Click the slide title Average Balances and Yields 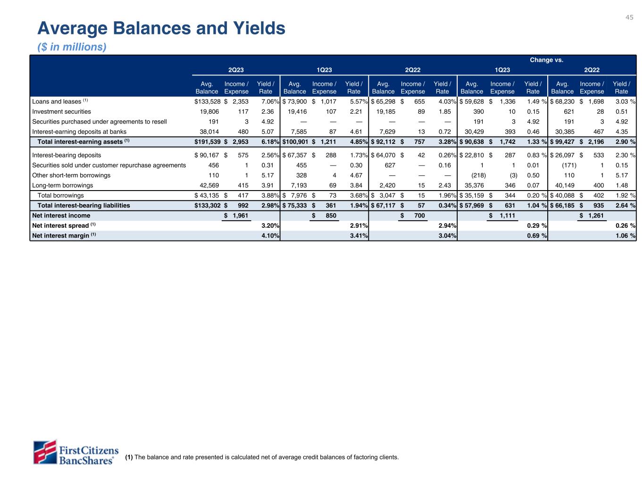point(161,29)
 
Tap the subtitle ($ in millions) point(72,47)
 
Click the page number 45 point(629,17)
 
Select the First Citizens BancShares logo point(75,452)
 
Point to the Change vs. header point(546,60)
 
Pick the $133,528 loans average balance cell point(207,101)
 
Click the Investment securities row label point(61,112)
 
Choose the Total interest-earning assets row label point(81,142)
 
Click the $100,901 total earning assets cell point(295,142)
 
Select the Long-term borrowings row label point(62,185)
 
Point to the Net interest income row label point(61,216)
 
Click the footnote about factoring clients point(262,457)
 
